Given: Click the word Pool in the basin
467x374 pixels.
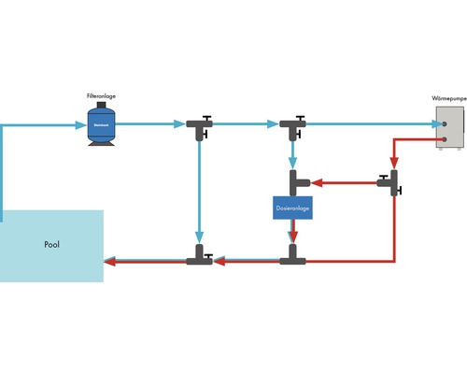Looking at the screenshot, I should (x=51, y=245).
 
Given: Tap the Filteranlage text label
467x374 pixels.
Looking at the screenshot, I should (x=101, y=96).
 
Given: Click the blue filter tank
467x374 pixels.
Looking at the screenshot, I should (x=101, y=123).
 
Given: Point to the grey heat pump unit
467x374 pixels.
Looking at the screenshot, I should (x=450, y=125).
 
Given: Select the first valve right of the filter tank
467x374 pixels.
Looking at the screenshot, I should (x=199, y=125).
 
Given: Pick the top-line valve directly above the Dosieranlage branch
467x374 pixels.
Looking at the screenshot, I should (x=292, y=125).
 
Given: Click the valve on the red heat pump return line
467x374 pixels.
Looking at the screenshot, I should (x=390, y=181).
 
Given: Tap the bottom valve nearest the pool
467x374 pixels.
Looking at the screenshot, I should (x=199, y=257).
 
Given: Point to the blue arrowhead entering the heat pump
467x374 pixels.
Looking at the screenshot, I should (x=431, y=123).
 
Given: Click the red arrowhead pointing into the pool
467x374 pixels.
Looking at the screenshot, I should (x=109, y=262).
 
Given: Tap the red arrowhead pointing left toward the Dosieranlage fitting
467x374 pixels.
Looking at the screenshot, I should (x=314, y=181).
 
